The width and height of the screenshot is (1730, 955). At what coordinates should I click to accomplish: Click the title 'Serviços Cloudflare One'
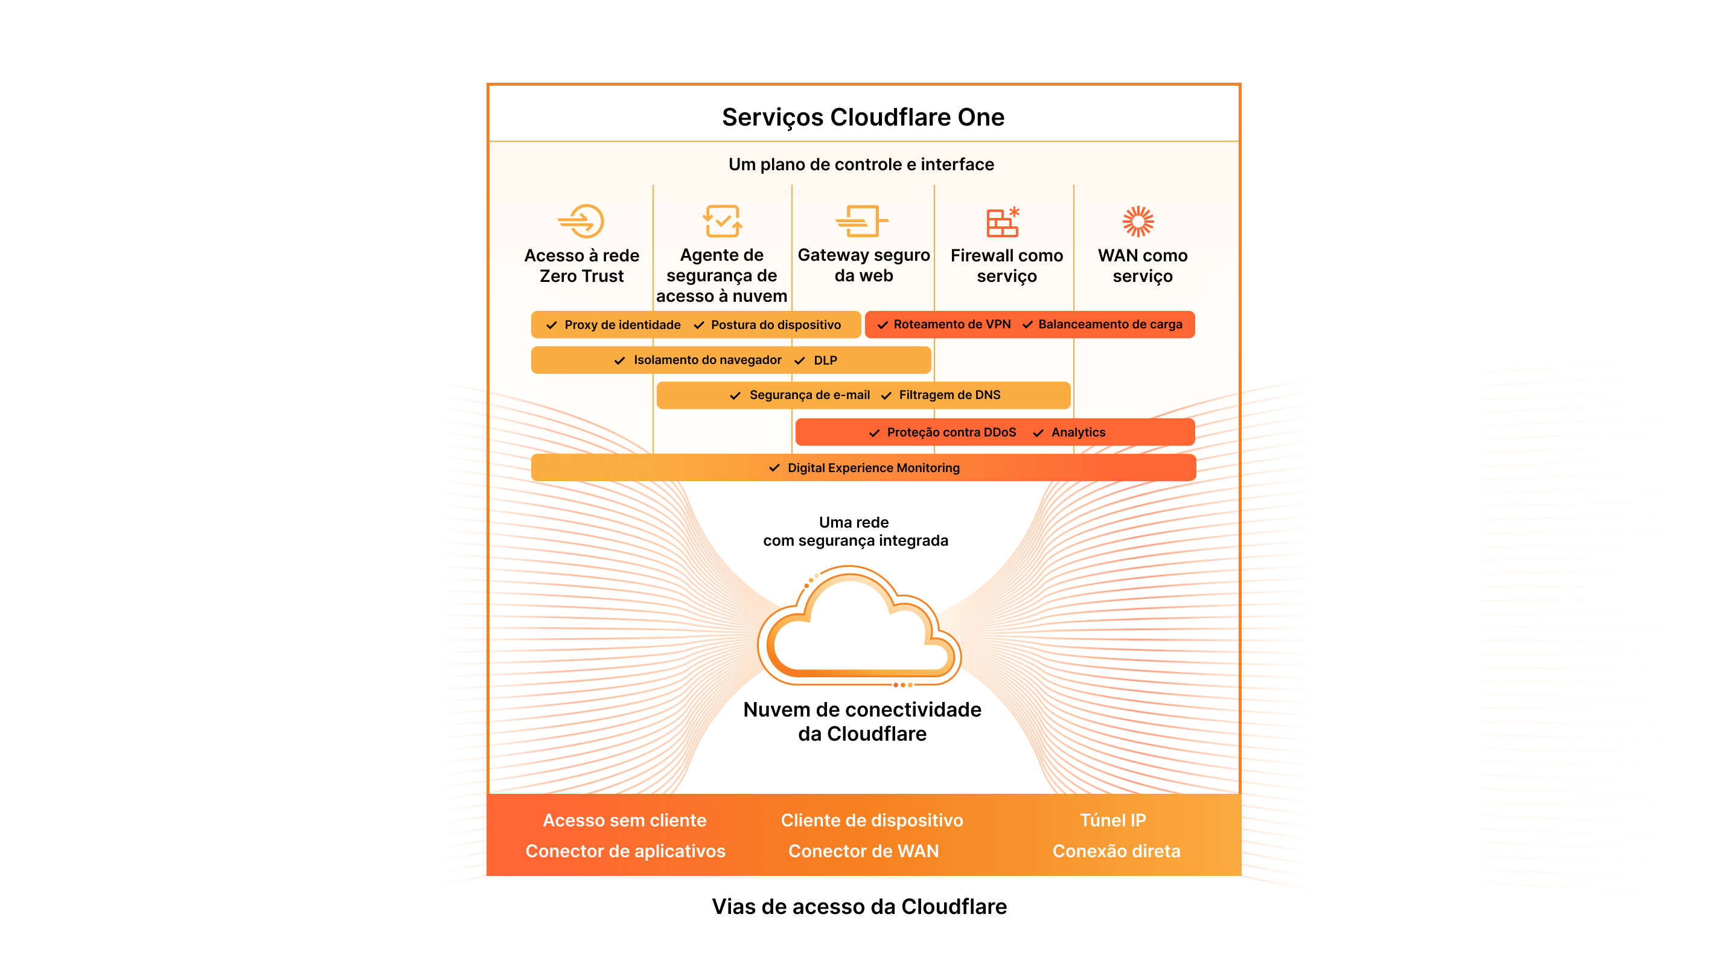coord(863,117)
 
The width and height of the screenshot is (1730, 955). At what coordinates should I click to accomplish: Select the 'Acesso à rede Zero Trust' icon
coord(581,221)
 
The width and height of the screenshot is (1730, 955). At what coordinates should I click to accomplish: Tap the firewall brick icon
coord(1003,222)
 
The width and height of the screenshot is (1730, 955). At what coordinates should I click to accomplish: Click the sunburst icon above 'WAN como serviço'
coord(1138,221)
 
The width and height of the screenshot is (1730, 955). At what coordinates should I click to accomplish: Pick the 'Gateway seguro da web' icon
coord(861,221)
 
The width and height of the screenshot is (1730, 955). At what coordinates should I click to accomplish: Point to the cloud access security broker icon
coord(722,221)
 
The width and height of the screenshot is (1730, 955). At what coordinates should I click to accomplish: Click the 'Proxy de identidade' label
coord(622,325)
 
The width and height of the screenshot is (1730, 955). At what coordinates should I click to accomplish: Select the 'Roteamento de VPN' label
coord(952,324)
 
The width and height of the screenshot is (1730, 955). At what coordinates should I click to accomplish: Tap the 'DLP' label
coord(825,360)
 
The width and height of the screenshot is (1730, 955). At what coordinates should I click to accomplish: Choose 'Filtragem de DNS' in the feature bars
coord(950,395)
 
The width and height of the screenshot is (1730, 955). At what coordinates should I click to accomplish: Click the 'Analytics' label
coord(1078,432)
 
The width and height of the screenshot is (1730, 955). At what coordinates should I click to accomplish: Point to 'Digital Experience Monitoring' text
coord(873,468)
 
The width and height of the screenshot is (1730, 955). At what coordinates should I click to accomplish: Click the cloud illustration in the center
coord(860,628)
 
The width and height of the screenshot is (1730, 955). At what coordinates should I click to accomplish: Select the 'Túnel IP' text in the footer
coord(1113,820)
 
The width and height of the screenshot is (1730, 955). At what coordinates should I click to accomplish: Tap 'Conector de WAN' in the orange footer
coord(864,851)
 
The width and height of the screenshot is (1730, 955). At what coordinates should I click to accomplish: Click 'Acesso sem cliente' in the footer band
coord(625,820)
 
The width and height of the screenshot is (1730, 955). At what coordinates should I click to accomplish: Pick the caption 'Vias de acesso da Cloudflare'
coord(859,907)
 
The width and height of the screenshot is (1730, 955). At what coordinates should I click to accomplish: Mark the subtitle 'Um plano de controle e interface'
coord(861,165)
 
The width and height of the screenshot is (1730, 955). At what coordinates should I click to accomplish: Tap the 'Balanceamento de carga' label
coord(1110,324)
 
